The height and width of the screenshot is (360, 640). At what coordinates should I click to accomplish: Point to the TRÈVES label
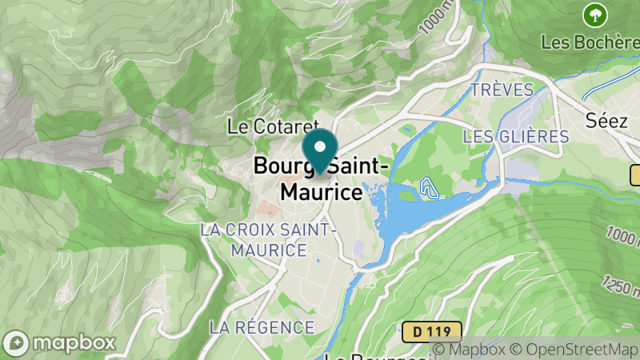click(x=502, y=88)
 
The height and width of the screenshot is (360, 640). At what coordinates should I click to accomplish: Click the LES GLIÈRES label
click(x=516, y=136)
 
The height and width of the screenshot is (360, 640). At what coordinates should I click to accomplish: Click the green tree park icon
click(x=594, y=14)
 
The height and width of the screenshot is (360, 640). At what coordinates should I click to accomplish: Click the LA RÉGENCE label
click(x=262, y=327)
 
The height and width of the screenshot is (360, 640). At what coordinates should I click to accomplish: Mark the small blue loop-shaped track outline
click(x=430, y=189)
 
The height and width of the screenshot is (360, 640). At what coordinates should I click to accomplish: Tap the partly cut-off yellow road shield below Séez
click(x=635, y=174)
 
